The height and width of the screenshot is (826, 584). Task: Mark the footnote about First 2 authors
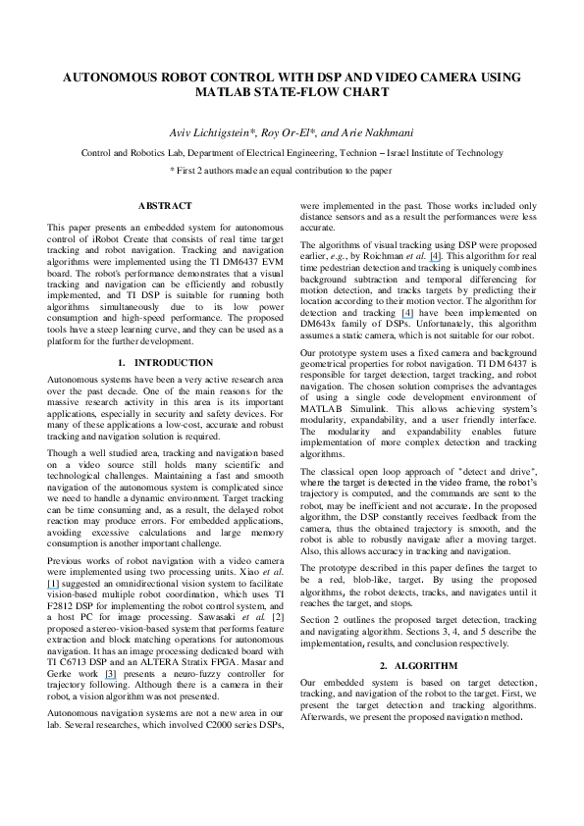292,170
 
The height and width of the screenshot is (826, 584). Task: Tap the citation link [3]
111,674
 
